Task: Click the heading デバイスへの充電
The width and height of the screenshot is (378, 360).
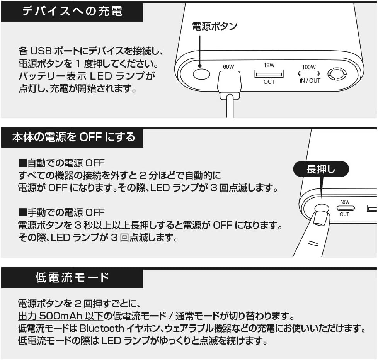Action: tap(72, 11)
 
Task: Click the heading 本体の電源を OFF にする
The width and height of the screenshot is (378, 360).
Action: tap(73, 137)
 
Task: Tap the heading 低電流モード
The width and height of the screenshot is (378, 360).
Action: tap(72, 277)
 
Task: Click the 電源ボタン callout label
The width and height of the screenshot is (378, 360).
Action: tap(215, 26)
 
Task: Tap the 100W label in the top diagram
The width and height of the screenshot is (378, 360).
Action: tap(309, 66)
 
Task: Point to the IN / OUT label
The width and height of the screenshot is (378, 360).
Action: tap(310, 81)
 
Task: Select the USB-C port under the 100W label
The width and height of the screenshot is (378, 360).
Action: tap(309, 73)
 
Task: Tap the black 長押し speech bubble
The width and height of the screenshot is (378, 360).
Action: tap(321, 169)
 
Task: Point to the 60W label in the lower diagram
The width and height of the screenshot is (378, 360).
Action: tap(344, 202)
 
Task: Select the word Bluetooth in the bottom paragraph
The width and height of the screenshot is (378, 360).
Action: tap(102, 329)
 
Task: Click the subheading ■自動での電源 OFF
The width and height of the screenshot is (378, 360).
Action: tap(61, 163)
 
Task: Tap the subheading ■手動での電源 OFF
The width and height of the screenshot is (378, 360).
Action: tap(61, 212)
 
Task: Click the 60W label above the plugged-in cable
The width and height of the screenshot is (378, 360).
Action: tap(229, 66)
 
